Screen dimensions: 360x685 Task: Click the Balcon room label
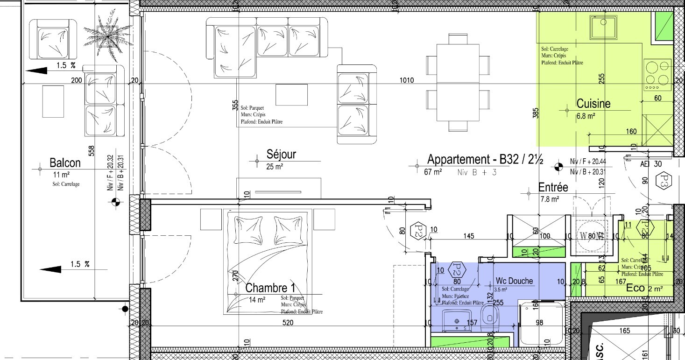[65, 163]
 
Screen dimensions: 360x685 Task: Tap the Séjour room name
[281, 154]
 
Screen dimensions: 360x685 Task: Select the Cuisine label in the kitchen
[593, 103]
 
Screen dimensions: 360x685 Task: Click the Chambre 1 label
[270, 288]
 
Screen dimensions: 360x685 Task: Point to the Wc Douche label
[514, 281]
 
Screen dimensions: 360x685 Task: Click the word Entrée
[553, 187]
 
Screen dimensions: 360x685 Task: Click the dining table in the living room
[458, 82]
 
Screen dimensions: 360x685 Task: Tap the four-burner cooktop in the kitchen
[657, 75]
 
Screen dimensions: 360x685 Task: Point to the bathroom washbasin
[456, 323]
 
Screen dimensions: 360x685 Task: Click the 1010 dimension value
[407, 80]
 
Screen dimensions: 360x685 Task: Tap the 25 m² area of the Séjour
[275, 166]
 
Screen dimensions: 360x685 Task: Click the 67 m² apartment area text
[433, 172]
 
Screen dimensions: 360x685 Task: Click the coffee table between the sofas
[291, 94]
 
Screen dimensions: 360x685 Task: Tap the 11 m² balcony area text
[61, 175]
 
